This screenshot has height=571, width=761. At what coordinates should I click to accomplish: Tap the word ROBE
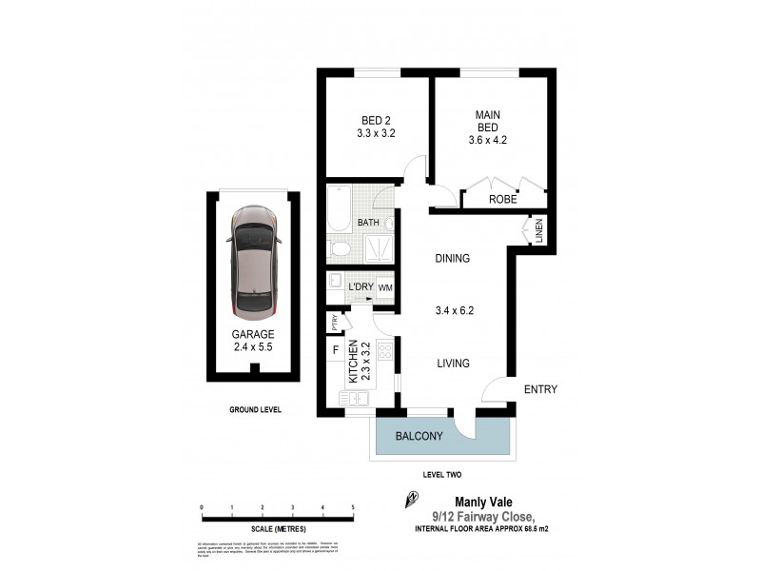tap(502, 201)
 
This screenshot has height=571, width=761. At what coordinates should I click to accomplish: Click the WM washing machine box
tap(385, 286)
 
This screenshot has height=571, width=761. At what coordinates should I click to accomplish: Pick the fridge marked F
tap(335, 350)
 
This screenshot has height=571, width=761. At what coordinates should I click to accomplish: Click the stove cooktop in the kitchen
tap(385, 351)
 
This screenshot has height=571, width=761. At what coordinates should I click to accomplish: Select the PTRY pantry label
tap(335, 323)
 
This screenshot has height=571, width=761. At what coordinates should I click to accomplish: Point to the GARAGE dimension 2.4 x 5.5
tap(253, 347)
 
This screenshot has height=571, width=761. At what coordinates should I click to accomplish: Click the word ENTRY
tap(540, 389)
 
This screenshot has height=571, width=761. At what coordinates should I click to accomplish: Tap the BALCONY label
tap(419, 436)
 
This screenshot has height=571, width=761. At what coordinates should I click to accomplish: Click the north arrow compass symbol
tap(412, 497)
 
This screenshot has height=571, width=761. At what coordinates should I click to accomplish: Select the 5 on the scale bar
tap(353, 507)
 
